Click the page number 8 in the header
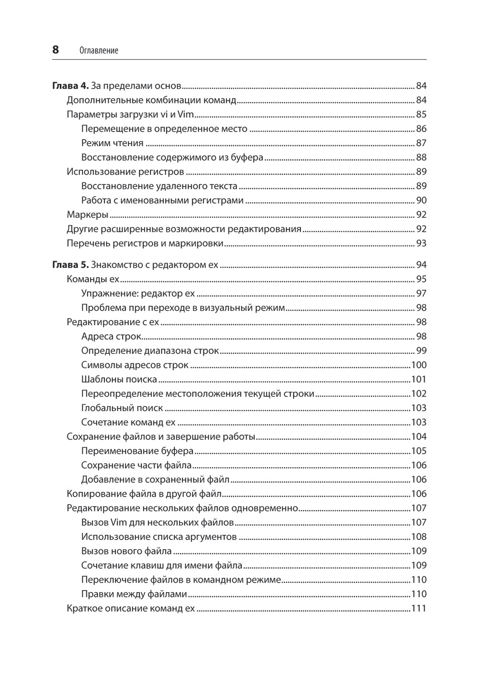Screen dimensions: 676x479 pyautogui.click(x=56, y=50)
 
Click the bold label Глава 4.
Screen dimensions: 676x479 pyautogui.click(x=70, y=86)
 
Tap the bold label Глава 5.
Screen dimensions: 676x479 pyautogui.click(x=70, y=265)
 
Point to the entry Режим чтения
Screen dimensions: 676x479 pyautogui.click(x=112, y=143)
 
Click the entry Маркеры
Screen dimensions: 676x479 pyautogui.click(x=87, y=215)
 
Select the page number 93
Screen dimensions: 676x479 pyautogui.click(x=421, y=244)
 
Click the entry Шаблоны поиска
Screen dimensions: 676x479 pyautogui.click(x=119, y=380)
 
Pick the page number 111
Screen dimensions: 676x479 pyautogui.click(x=419, y=608)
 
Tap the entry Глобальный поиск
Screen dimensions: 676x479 pyautogui.click(x=122, y=408)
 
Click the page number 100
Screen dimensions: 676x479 pyautogui.click(x=419, y=365)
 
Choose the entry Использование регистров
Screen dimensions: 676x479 pyautogui.click(x=125, y=172)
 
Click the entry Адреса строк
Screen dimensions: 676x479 pyautogui.click(x=111, y=337)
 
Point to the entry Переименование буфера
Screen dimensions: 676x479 pyautogui.click(x=137, y=451)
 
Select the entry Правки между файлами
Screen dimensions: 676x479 pyautogui.click(x=134, y=594)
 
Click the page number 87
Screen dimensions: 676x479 pyautogui.click(x=421, y=143)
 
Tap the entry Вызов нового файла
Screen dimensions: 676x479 pyautogui.click(x=126, y=551)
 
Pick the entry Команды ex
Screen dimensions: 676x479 pyautogui.click(x=93, y=279)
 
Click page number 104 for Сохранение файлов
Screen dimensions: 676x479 pyautogui.click(x=419, y=437)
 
